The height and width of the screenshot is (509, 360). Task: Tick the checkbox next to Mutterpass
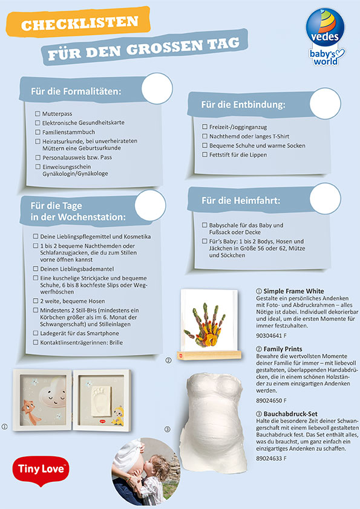tap(38, 114)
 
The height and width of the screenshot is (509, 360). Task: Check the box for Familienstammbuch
tap(38, 132)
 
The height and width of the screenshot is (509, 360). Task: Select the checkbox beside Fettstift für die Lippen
tap(205, 155)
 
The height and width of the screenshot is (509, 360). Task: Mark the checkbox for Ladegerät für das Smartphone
tap(36, 333)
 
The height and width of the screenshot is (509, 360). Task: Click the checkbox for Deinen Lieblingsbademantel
tap(36, 269)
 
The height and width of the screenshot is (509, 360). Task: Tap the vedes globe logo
tap(325, 27)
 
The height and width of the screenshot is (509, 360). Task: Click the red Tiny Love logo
tap(41, 470)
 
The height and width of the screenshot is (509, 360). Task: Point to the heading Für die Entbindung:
tap(243, 105)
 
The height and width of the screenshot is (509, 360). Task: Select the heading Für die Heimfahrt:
tap(241, 200)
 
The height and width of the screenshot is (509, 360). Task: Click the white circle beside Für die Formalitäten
tap(157, 88)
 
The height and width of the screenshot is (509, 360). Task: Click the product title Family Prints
tap(283, 349)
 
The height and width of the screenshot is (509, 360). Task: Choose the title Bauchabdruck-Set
tap(290, 414)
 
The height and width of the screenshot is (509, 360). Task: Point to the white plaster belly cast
tap(212, 422)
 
